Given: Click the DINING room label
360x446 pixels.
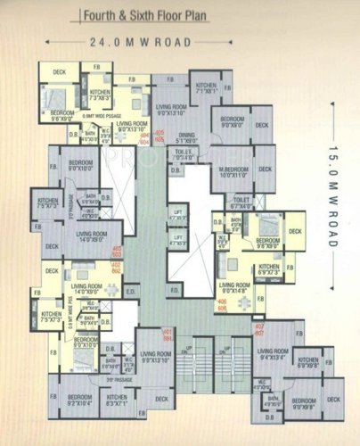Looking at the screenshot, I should (184, 139).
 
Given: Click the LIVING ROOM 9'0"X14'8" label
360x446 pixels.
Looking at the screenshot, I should (235, 289).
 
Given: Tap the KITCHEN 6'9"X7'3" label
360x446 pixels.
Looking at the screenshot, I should (270, 268).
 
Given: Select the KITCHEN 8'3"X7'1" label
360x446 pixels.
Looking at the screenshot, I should (117, 401).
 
